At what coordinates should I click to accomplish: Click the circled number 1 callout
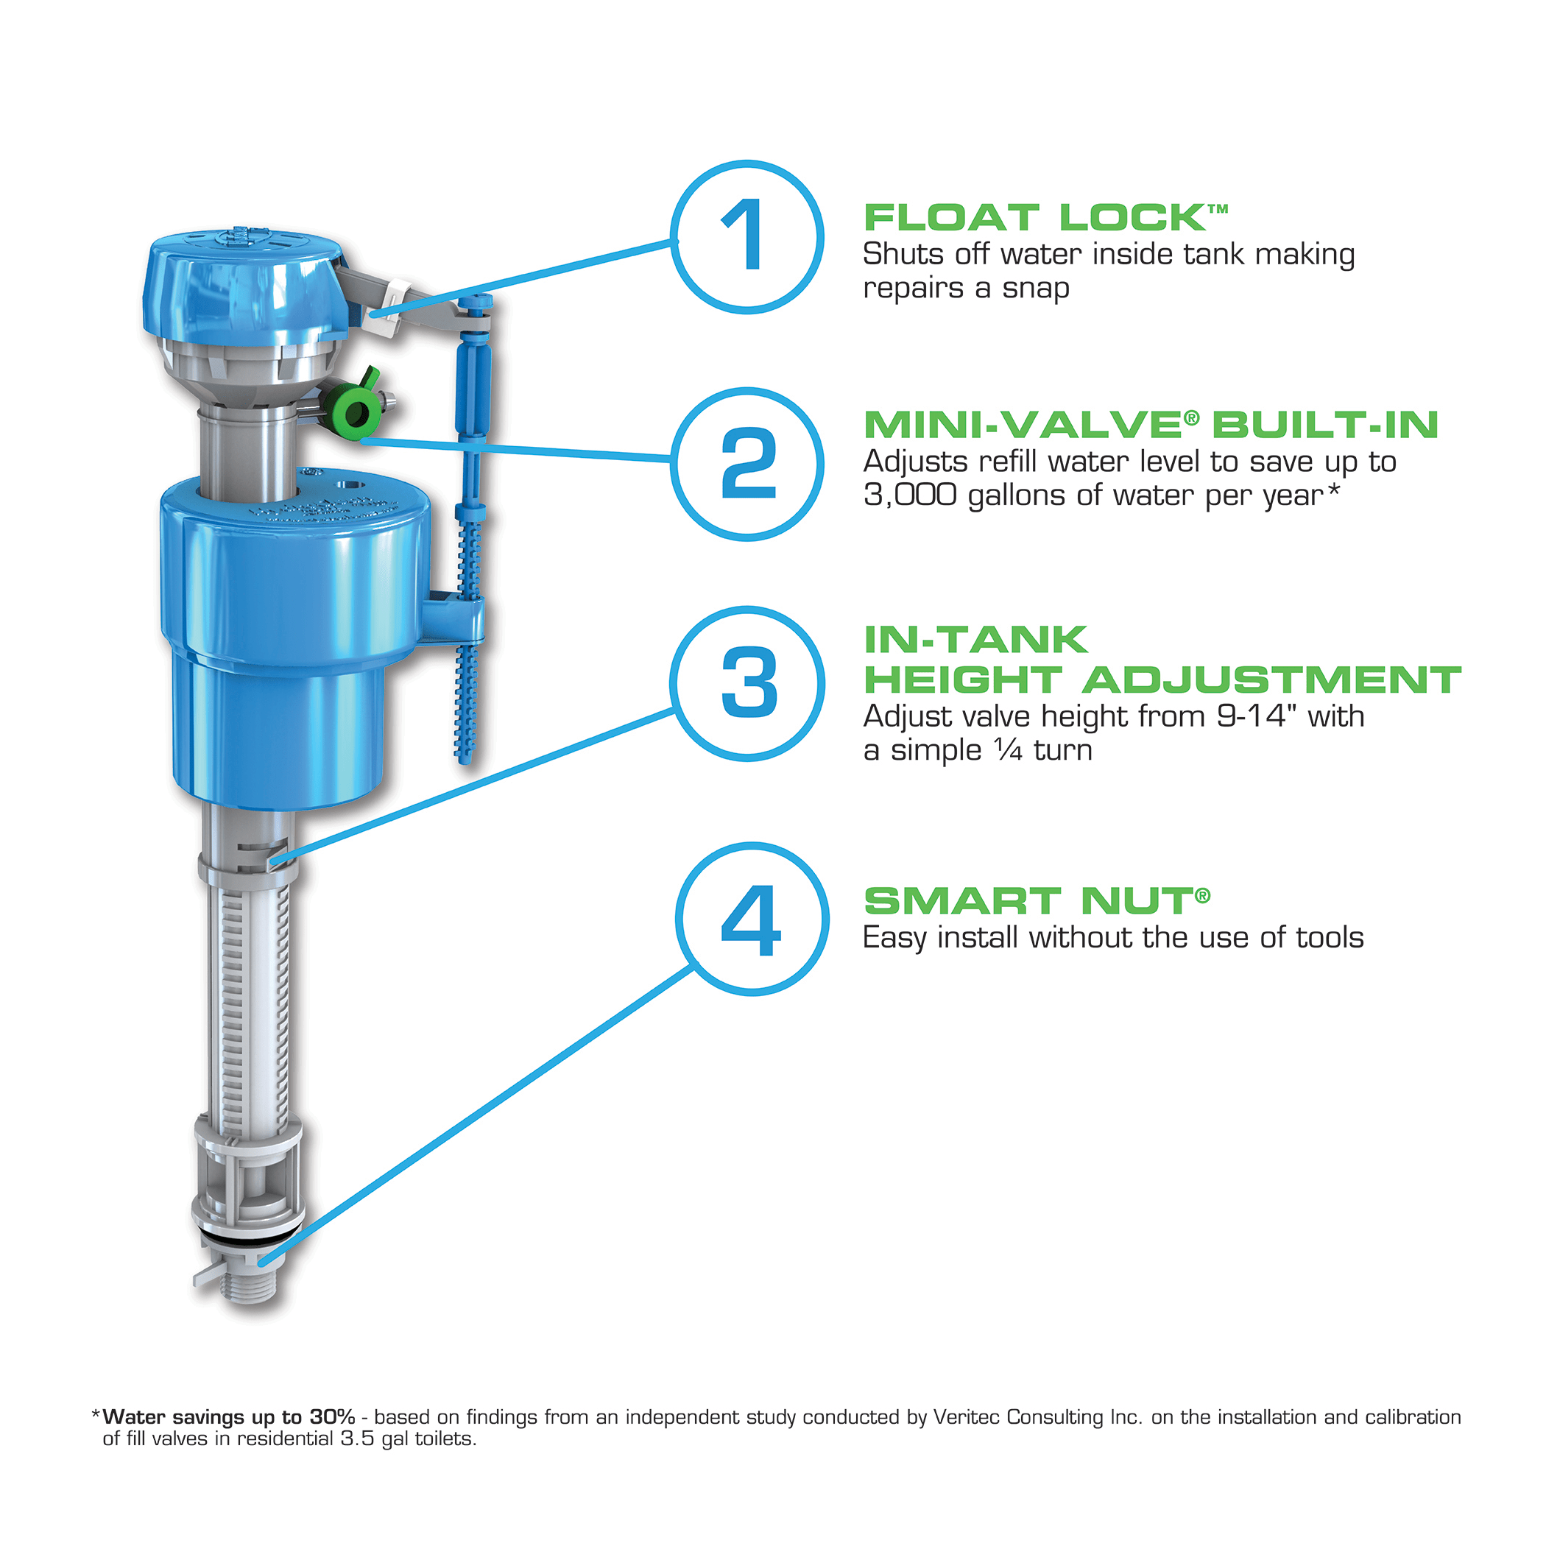point(746,237)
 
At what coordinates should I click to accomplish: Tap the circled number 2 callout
point(746,463)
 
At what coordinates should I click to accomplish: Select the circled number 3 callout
point(747,682)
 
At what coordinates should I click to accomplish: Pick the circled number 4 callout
point(752,919)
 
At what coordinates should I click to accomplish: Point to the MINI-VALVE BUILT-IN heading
point(1150,424)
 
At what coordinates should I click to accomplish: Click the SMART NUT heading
point(1036,901)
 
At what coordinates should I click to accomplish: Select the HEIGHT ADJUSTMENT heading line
point(1162,680)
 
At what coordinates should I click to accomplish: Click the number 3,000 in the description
point(910,495)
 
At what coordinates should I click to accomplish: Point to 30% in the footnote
point(331,1416)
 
